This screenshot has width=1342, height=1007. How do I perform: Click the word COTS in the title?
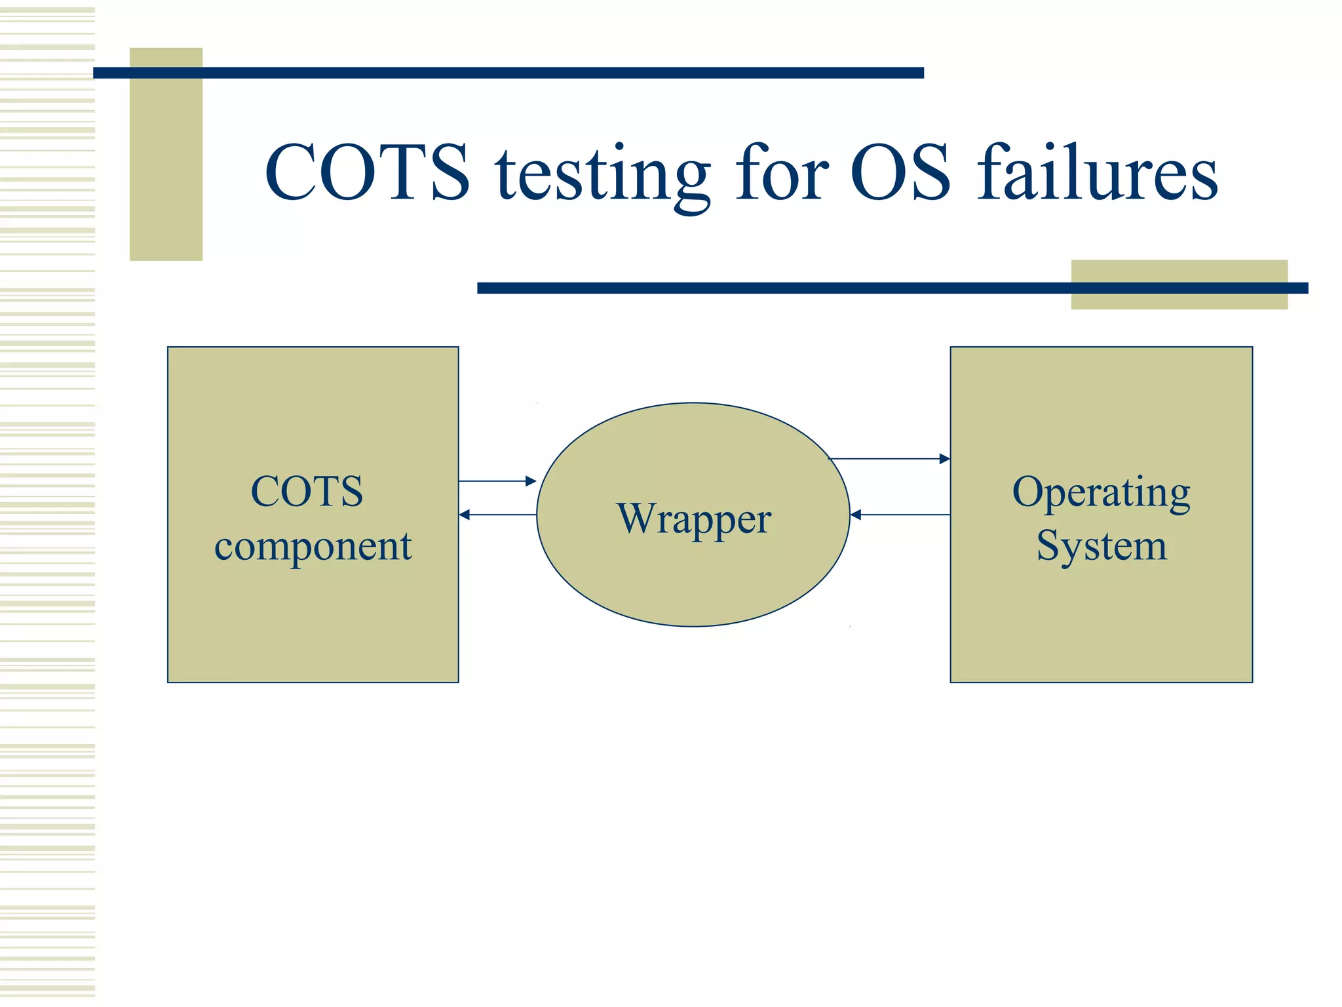[367, 172]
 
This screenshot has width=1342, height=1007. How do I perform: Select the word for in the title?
[782, 172]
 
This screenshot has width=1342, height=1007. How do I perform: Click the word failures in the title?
[1097, 172]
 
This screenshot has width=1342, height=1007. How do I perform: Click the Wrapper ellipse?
[693, 577]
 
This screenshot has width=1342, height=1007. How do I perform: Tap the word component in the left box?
[313, 546]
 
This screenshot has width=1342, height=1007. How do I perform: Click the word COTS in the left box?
[307, 491]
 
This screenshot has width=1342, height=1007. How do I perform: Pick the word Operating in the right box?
[1101, 492]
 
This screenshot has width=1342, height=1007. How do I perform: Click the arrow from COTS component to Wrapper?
[497, 481]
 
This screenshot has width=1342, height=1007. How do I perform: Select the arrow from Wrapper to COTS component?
[497, 515]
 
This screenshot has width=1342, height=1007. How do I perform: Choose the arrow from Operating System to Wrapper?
[900, 515]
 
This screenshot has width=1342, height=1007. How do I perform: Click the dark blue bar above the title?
[508, 73]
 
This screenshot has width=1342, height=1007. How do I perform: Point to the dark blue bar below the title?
[773, 288]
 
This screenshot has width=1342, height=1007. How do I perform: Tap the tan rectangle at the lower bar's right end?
[1179, 300]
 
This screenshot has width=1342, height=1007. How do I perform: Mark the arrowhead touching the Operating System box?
[945, 459]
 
